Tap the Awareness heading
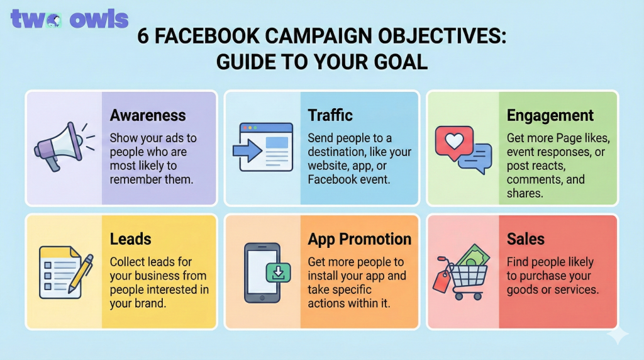tap(148, 115)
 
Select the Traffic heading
tap(330, 115)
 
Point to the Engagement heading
tap(550, 115)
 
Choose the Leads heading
tap(131, 239)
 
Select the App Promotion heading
tap(360, 239)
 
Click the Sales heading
tap(526, 239)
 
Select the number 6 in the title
tap(143, 37)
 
